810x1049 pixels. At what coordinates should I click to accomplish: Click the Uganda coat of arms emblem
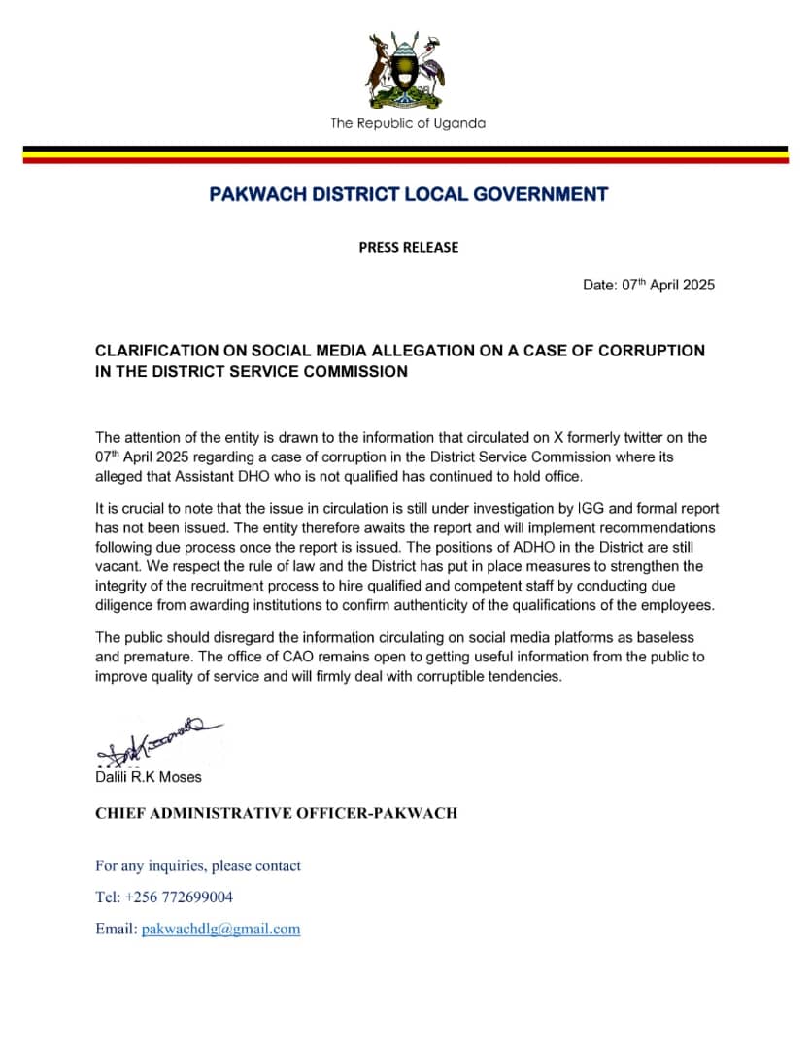(x=405, y=69)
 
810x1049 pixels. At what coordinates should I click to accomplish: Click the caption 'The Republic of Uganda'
(x=407, y=123)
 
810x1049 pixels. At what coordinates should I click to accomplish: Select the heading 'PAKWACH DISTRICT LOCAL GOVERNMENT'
(x=408, y=194)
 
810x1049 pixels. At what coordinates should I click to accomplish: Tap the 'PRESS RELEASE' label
(x=408, y=247)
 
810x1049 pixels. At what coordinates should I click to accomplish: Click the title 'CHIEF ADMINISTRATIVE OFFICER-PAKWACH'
(x=276, y=813)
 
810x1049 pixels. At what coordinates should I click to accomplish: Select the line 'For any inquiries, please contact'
(x=198, y=865)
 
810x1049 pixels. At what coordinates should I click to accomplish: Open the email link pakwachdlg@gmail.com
(x=220, y=929)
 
